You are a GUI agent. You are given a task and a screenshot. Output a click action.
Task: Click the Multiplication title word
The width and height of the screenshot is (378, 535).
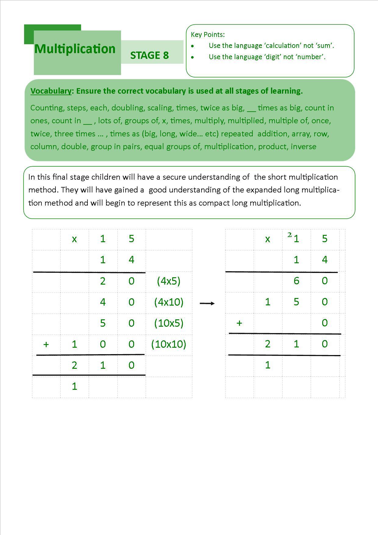point(75,49)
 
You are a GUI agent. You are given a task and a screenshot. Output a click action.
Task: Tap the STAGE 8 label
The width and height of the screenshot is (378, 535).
point(149,55)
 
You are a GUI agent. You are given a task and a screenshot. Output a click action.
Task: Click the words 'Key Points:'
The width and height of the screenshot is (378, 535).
point(208,34)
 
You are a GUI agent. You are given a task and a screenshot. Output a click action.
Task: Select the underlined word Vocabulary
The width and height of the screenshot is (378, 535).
point(51,91)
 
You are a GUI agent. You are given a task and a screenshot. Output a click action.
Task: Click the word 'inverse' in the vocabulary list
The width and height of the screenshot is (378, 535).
point(303,146)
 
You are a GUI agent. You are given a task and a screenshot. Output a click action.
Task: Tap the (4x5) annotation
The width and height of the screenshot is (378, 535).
point(169,281)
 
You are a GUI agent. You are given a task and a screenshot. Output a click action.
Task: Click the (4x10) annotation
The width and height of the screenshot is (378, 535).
point(169,302)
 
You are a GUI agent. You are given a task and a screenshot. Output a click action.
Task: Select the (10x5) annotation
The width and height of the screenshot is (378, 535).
point(169,323)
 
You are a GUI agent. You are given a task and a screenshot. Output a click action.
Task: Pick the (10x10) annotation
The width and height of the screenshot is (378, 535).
point(169,344)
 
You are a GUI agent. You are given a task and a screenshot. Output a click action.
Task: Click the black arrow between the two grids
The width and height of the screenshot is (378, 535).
point(207,303)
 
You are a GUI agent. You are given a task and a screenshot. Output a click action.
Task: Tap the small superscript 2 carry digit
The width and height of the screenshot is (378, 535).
point(289,235)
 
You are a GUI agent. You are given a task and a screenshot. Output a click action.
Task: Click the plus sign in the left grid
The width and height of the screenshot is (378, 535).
point(46,344)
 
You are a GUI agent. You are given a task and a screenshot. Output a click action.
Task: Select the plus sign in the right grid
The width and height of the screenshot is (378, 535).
point(239,323)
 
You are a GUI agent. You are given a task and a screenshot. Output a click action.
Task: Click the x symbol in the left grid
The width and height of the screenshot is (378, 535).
point(74,239)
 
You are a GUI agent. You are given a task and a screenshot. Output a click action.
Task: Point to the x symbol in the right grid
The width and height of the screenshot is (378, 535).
point(268,239)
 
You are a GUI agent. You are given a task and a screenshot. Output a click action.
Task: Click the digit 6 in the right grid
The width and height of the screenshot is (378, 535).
point(296,281)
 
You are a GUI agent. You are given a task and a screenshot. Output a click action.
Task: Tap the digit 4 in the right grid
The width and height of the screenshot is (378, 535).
point(325,260)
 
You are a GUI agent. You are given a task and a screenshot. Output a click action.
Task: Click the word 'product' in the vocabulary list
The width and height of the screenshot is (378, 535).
point(272,146)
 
